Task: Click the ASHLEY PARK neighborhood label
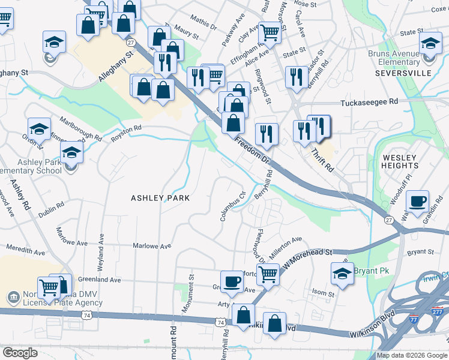click(160, 198)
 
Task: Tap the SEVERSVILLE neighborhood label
click(403, 73)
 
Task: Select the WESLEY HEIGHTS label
click(400, 161)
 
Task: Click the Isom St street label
click(323, 293)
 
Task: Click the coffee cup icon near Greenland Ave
click(232, 280)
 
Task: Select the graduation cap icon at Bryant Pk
click(342, 273)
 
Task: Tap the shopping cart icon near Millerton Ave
click(269, 274)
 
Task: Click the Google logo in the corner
click(20, 353)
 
